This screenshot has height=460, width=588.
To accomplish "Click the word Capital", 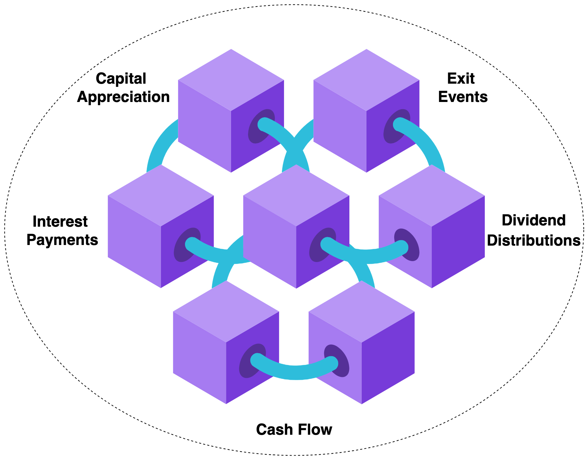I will point(121,79).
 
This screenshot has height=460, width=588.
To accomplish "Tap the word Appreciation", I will point(123,97).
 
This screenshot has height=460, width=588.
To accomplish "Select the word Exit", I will point(461,79).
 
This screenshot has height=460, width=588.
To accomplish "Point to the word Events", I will point(463,97).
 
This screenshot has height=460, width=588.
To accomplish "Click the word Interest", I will point(60,222).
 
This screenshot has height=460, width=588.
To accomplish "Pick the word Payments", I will point(62,240).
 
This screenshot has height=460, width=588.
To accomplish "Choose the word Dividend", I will point(533,220).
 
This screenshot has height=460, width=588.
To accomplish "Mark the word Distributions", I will point(533,240).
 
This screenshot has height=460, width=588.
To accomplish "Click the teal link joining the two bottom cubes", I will point(295,372).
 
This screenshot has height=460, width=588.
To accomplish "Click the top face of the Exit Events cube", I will point(366,80).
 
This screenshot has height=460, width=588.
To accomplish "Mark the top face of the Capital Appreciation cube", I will point(231,80).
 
